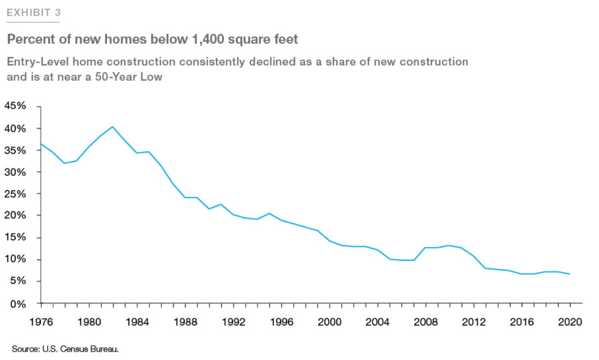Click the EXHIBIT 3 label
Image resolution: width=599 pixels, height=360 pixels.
[x=33, y=12]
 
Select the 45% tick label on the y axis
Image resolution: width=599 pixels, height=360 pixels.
[x=15, y=106]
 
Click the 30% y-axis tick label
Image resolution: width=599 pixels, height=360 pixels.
[x=15, y=172]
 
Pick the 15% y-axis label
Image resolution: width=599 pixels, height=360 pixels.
[x=15, y=238]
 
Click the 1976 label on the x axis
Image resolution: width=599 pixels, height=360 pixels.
[x=40, y=322]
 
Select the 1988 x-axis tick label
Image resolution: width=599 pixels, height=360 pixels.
[x=185, y=322]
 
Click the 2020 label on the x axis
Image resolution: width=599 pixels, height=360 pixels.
[x=570, y=322]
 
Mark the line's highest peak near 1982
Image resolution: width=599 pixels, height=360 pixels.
[x=113, y=127]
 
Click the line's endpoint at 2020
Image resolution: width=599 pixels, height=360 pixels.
[x=570, y=274]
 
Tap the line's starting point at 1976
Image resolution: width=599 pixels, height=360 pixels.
[x=41, y=144]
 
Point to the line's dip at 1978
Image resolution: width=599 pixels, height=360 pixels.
[x=64, y=163]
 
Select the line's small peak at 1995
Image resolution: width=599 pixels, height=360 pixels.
[x=269, y=213]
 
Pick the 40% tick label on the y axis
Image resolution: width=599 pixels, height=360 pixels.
[x=15, y=128]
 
